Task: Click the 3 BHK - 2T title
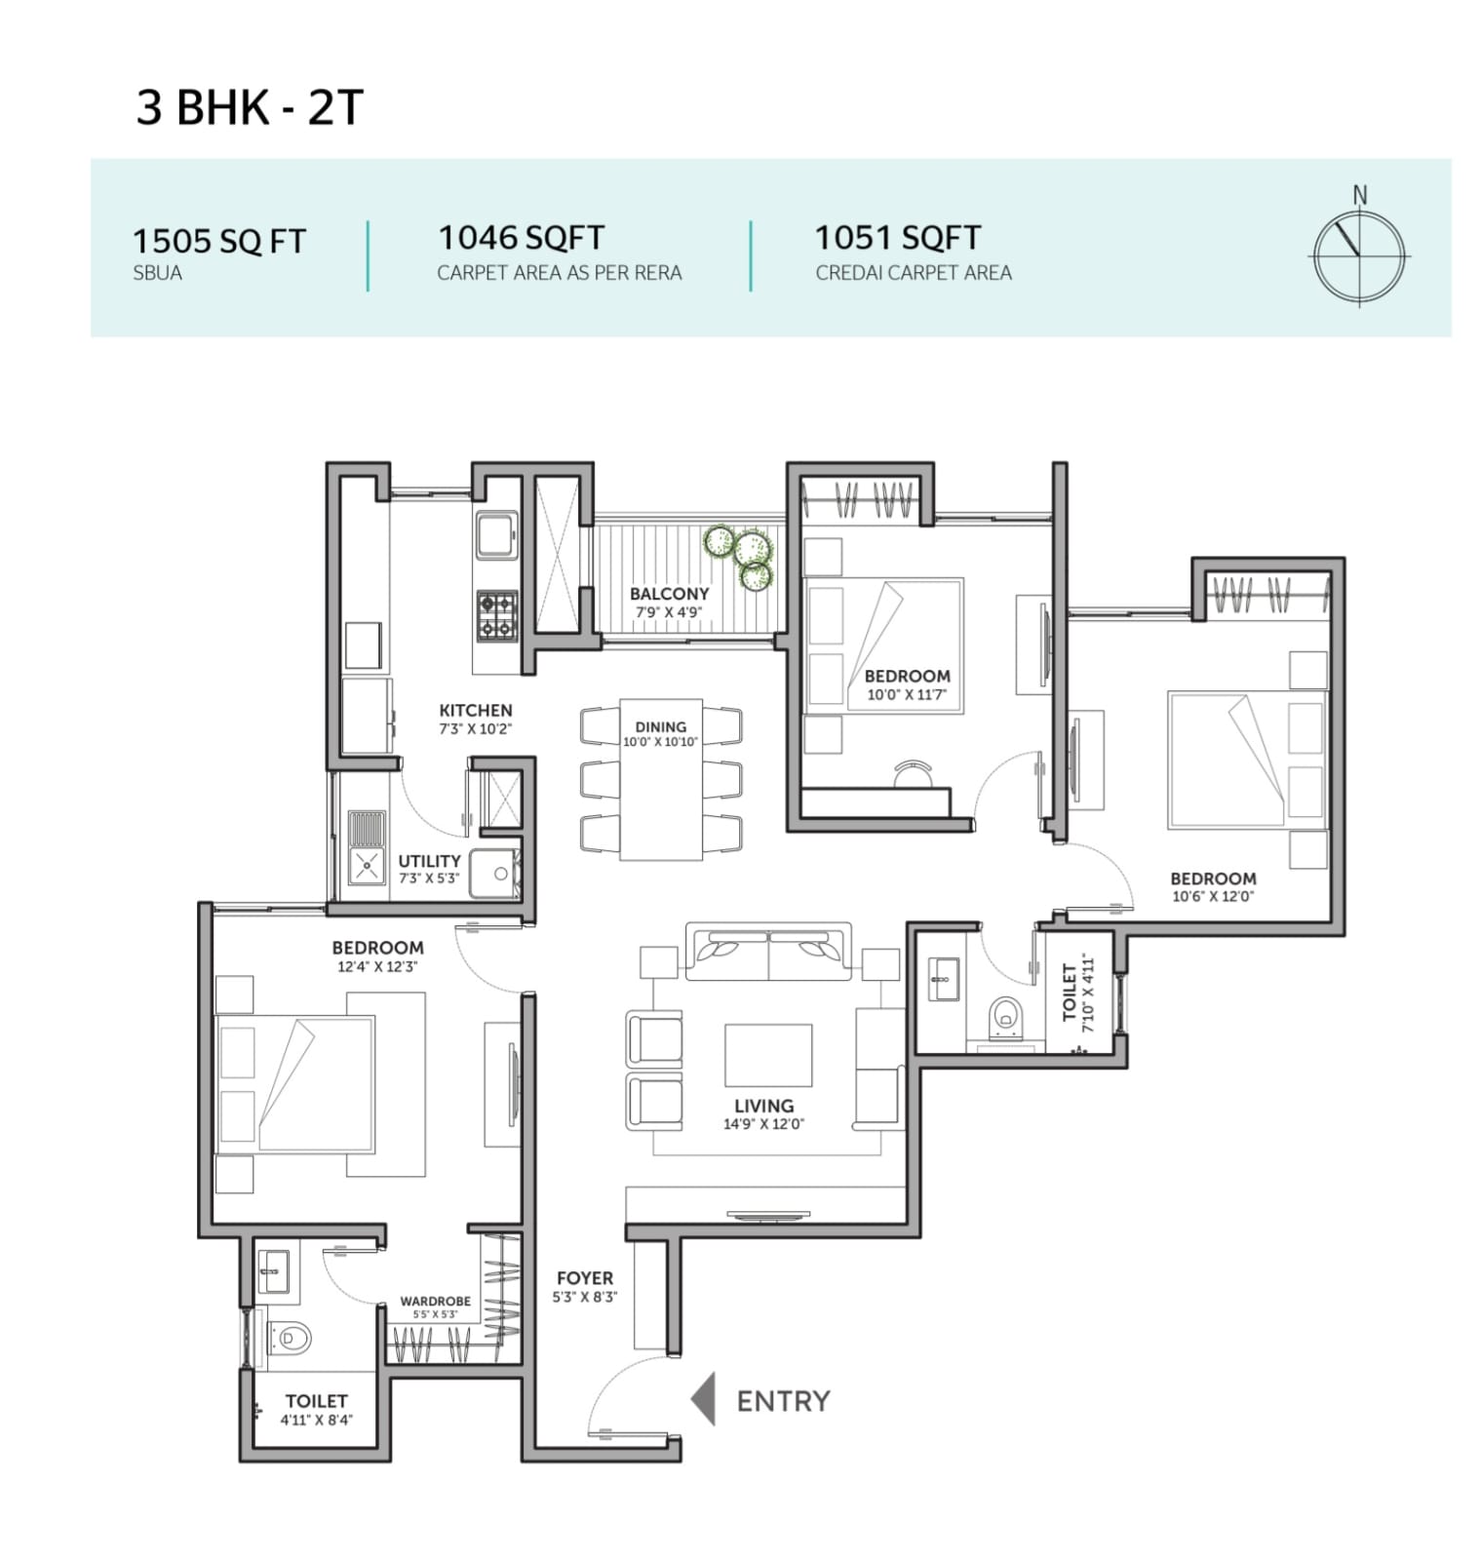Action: tap(250, 106)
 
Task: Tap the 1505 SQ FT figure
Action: tap(219, 241)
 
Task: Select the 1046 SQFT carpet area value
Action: tap(521, 237)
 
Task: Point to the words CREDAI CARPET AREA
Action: tap(914, 273)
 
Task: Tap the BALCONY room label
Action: tap(669, 594)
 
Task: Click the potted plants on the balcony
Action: tap(744, 555)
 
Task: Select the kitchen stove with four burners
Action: tap(496, 615)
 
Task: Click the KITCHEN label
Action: tap(475, 710)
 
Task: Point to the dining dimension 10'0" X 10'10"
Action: tap(661, 742)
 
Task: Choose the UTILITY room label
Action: tap(429, 861)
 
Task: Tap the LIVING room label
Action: tap(763, 1106)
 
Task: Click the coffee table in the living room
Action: tap(768, 1054)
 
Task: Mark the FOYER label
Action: tap(585, 1277)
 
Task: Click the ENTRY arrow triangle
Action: tap(703, 1399)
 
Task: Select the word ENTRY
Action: tap(783, 1401)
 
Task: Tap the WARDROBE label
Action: tap(435, 1301)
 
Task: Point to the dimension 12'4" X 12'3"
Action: tap(377, 967)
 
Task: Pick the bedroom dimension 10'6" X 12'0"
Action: tap(1213, 897)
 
